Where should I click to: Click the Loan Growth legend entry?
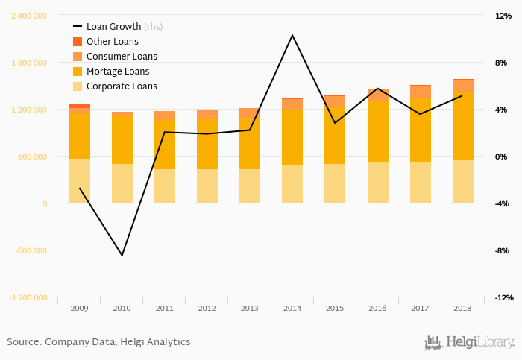[124, 26]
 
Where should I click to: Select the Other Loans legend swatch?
[78, 41]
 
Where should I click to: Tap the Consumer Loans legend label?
[122, 56]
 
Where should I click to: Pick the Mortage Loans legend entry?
[118, 71]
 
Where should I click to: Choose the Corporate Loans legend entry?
[122, 86]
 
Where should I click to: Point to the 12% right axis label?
[501, 16]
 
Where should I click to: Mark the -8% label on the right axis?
[502, 250]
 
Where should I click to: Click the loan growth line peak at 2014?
[292, 35]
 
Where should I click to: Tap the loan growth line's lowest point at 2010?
[122, 256]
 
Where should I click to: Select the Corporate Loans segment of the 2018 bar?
[462, 181]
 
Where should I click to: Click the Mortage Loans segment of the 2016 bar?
[377, 131]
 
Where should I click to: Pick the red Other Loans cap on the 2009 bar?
[80, 106]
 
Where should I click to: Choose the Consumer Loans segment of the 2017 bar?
[420, 92]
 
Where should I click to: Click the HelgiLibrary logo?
[469, 343]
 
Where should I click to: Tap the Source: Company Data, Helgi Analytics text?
[98, 342]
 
